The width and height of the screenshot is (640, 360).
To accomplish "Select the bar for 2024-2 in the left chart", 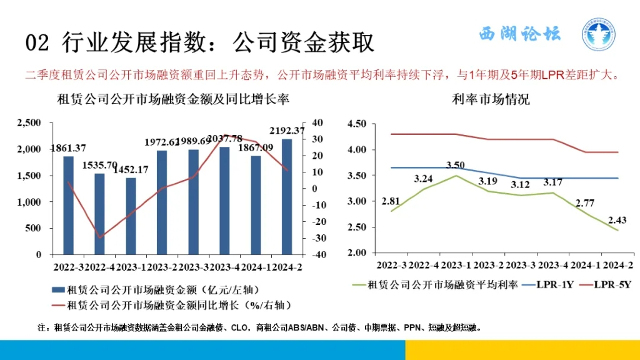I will click(287, 196).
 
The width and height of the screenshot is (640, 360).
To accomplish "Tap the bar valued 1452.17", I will click(131, 216).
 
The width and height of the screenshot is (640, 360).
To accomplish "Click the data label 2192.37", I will click(287, 131).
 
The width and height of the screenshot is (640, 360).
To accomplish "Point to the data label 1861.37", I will click(68, 148).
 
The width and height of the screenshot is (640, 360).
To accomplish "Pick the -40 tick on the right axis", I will click(317, 255).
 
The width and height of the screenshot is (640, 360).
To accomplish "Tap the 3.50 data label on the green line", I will click(456, 165).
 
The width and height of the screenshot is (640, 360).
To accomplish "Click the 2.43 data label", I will click(616, 219).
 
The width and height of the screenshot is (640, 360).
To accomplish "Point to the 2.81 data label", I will click(391, 201).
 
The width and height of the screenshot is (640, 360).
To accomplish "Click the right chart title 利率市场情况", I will click(491, 99).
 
